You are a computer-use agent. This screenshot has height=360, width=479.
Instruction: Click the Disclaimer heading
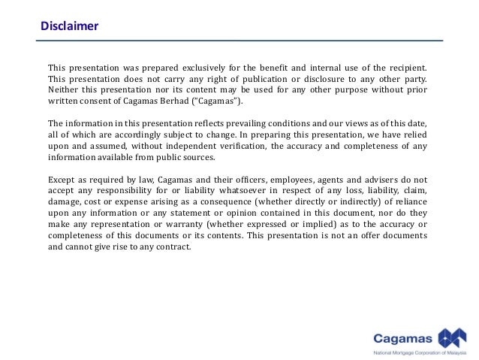(x=69, y=26)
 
